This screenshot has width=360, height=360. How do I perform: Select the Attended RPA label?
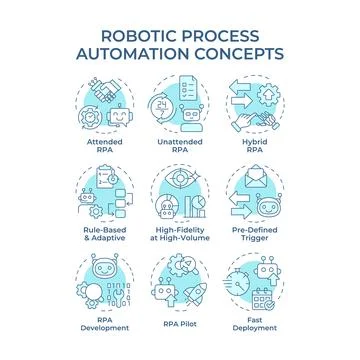(103, 147)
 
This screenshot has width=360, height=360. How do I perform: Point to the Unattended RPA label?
(180, 147)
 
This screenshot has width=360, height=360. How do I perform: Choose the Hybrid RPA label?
(257, 147)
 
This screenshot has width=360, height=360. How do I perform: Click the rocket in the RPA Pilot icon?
(194, 281)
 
